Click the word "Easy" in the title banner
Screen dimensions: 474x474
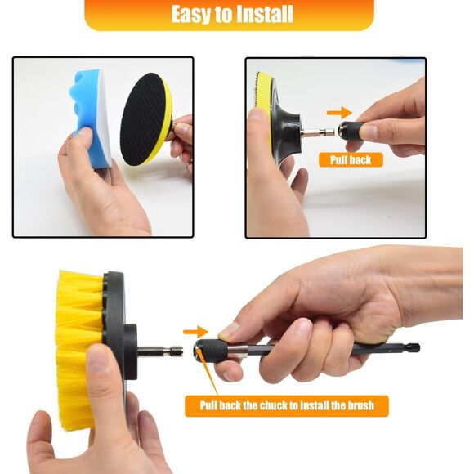(193, 15)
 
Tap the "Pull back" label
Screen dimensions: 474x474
(351, 160)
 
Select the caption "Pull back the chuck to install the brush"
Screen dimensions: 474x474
(286, 405)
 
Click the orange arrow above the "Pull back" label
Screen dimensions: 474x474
(339, 113)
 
